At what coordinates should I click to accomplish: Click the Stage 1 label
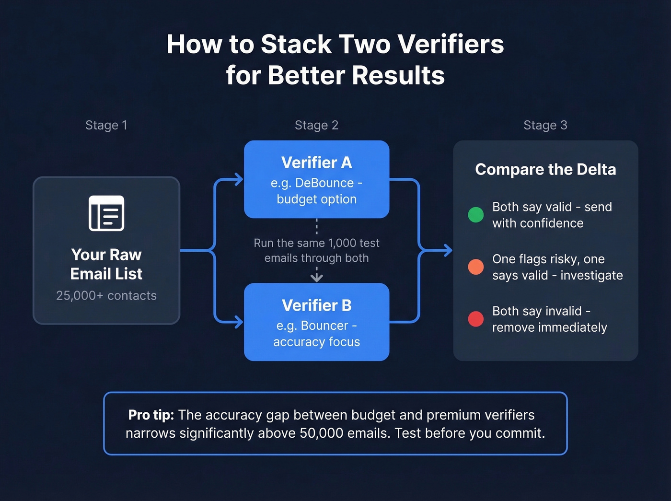[x=106, y=125]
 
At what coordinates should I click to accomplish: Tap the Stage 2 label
[x=316, y=125]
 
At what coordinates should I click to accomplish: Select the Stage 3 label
[x=545, y=125]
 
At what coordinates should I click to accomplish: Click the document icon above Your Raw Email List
[x=106, y=213]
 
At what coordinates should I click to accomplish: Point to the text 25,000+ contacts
[x=106, y=295]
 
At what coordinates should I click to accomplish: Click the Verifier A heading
[x=316, y=163]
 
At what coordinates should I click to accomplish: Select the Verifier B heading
[x=316, y=305]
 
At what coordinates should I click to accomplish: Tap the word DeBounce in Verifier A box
[x=324, y=183]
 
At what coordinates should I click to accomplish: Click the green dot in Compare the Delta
[x=475, y=214]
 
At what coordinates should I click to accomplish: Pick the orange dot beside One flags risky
[x=475, y=267]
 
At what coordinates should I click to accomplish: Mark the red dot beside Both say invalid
[x=475, y=318]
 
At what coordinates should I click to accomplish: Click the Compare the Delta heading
[x=545, y=169]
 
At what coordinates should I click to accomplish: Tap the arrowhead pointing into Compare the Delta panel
[x=448, y=250]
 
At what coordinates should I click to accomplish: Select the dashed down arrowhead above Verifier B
[x=316, y=277]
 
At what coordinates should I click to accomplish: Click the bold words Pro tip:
[x=151, y=415]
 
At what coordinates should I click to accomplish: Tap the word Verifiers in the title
[x=451, y=44]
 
